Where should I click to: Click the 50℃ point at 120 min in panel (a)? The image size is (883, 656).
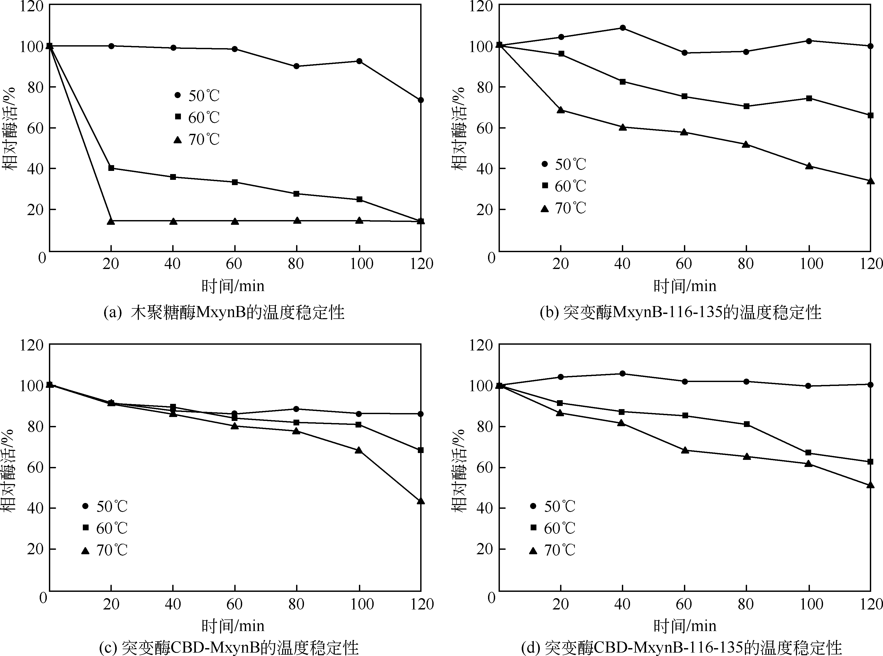421,100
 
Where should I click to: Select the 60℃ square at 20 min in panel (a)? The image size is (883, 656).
111,168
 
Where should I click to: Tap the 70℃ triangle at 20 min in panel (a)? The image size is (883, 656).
111,221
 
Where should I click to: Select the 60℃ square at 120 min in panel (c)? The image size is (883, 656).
421,450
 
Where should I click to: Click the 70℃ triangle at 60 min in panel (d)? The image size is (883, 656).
684,450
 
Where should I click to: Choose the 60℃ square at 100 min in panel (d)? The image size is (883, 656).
808,453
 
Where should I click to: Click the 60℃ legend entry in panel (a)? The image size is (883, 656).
197,118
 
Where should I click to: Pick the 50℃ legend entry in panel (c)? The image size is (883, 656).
105,506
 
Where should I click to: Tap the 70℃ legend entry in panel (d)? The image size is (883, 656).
553,550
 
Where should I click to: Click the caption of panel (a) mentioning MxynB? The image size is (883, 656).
224,313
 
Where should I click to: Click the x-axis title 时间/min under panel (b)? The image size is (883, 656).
685,286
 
